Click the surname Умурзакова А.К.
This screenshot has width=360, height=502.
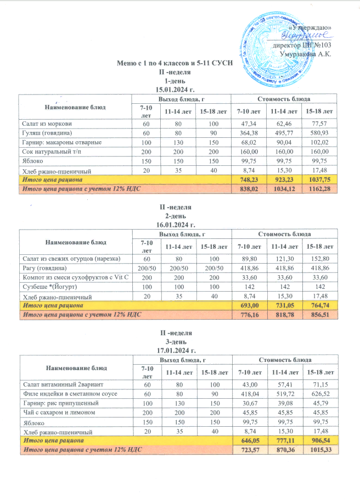308,54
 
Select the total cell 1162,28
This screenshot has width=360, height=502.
322,189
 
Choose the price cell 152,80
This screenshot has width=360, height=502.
322,258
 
